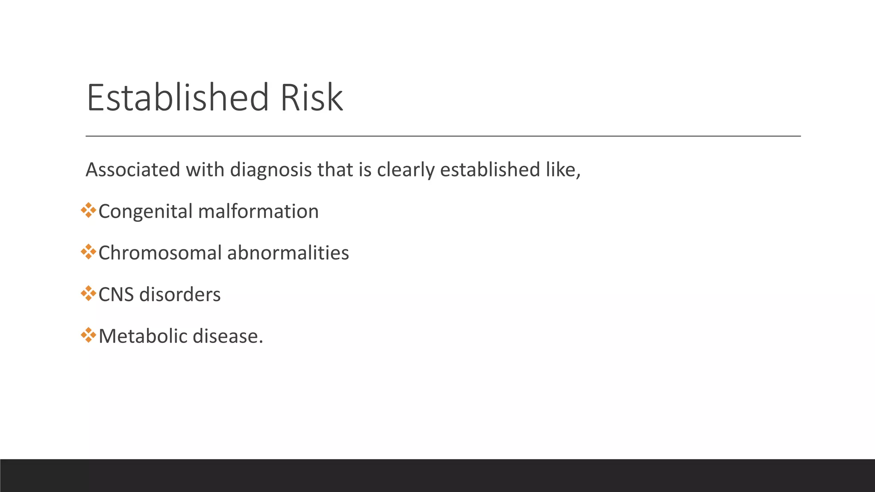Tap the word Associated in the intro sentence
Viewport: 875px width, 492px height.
[133, 170]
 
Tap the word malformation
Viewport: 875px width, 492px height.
[258, 211]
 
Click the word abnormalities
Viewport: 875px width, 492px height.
[288, 253]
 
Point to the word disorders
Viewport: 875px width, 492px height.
[180, 295]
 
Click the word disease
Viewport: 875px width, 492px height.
[228, 336]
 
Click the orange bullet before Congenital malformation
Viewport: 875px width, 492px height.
[88, 210]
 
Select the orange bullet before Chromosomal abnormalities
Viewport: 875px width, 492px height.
[88, 252]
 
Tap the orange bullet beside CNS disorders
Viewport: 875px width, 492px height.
[88, 293]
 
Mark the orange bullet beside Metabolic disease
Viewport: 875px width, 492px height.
[88, 335]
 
